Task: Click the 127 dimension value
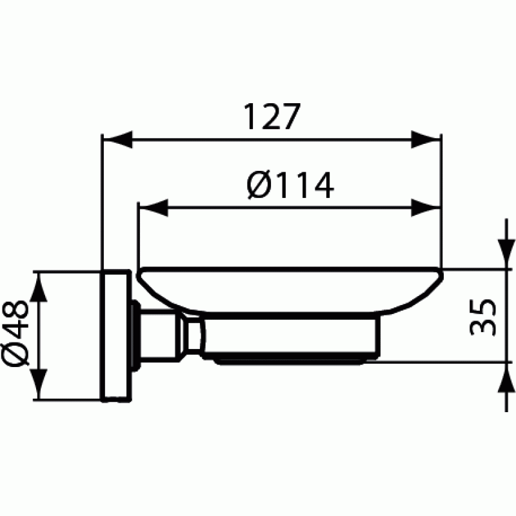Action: (272, 117)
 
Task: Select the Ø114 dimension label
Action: (290, 186)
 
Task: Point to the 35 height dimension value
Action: (483, 316)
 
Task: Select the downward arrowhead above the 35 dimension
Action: (502, 253)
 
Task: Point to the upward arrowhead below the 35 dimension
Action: (502, 377)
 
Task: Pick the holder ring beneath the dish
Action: (290, 339)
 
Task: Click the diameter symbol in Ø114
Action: (259, 186)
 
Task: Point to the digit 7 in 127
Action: (291, 117)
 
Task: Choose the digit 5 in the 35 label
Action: (483, 307)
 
